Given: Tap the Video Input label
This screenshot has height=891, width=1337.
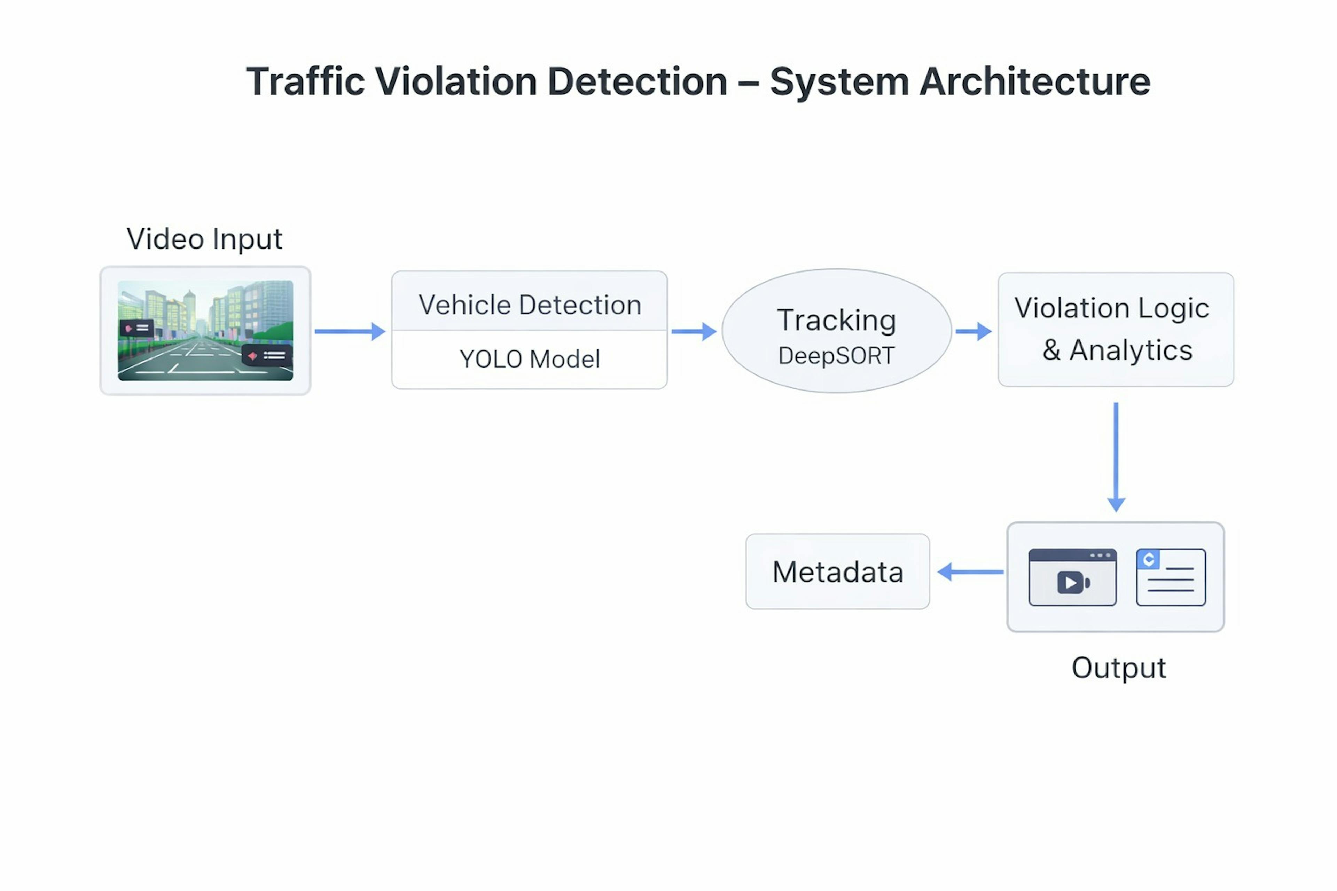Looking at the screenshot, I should point(204,239).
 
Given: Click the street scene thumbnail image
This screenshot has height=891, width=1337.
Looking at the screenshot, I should point(205,330).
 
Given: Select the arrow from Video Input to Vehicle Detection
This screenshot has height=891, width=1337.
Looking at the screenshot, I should point(349,331).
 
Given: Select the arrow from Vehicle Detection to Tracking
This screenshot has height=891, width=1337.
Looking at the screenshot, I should point(693,331).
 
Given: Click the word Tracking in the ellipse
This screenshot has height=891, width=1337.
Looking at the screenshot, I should point(836,320).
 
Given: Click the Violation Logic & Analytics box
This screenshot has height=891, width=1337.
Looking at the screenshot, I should point(1115,330).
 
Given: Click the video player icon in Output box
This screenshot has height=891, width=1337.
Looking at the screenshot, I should point(1072,577).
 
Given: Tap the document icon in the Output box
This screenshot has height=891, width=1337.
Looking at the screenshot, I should point(1171,577).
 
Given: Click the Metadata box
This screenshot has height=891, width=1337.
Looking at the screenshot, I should point(837,571).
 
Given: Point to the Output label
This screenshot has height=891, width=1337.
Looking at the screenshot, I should point(1118,668).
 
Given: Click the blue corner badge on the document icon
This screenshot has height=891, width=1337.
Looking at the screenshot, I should point(1148,559).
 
